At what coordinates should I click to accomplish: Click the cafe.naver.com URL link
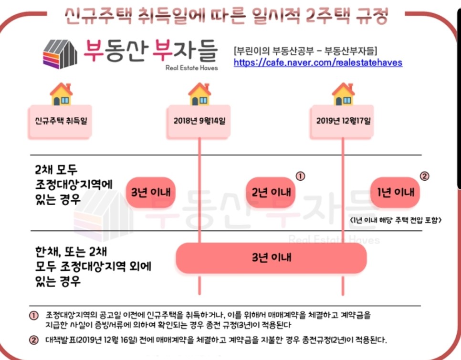pos(318,62)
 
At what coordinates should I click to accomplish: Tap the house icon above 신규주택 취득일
pos(61,94)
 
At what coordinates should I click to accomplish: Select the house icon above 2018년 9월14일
pos(199,94)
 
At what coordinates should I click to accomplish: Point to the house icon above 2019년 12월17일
pos(343,94)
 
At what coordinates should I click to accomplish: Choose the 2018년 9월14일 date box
pos(199,121)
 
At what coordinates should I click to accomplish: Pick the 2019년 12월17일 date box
pos(343,121)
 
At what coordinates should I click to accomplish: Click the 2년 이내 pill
pos(271,193)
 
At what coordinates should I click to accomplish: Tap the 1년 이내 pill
pos(395,193)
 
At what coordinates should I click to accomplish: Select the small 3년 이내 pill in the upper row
pos(151,193)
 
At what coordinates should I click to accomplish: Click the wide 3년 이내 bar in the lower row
pos(271,258)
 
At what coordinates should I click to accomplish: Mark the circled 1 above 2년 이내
pos(300,176)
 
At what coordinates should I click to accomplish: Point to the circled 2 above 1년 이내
pos(424,176)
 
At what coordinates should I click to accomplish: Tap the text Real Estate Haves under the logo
pos(191,68)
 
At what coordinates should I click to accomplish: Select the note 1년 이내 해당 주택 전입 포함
pos(396,220)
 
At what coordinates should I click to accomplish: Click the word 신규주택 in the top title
pos(92,16)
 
